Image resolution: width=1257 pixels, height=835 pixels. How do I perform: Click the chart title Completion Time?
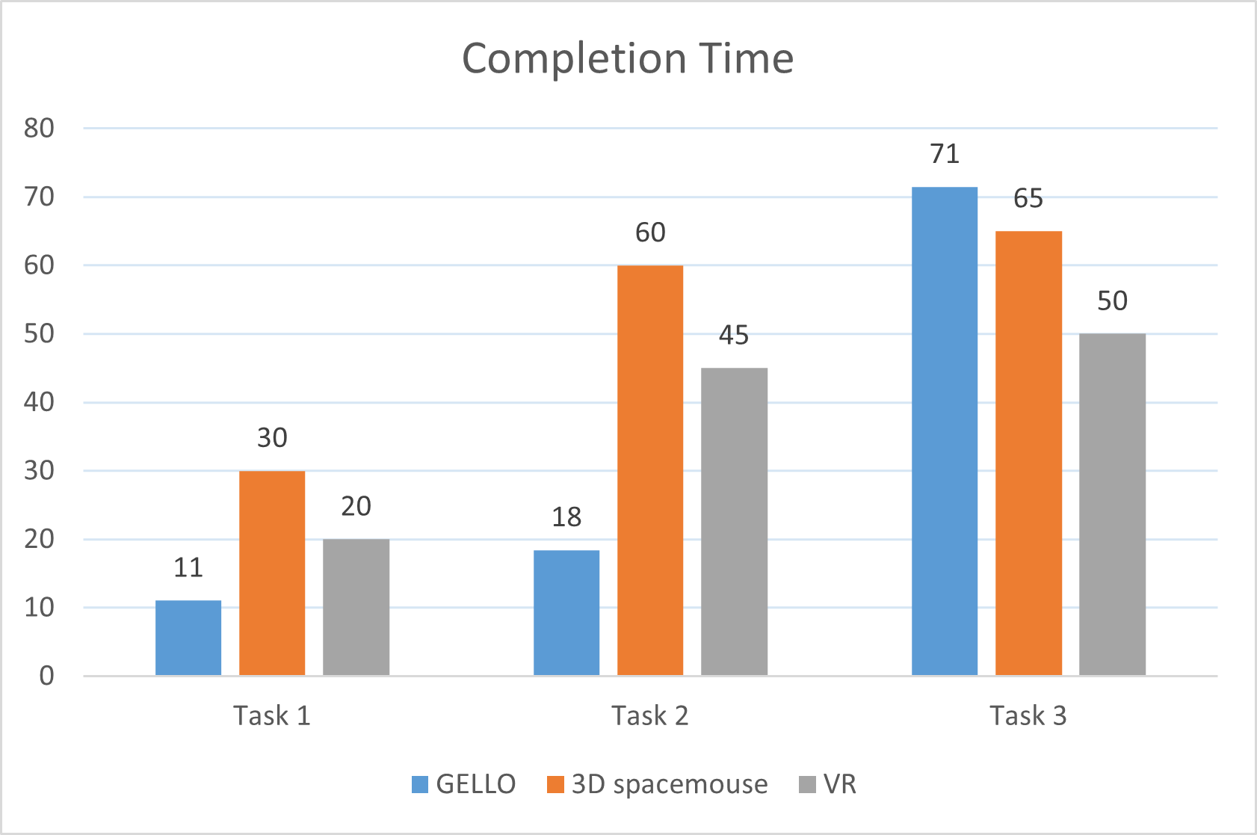coord(627,58)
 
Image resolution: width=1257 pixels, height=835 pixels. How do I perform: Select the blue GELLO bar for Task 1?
coord(188,638)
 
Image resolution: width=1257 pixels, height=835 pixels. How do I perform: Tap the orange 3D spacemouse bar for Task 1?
coord(272,573)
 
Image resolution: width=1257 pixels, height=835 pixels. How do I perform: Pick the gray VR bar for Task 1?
coord(356,607)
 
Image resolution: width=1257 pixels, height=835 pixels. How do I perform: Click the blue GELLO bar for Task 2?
coord(566,613)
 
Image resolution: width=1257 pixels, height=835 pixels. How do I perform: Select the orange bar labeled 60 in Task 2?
coord(650,470)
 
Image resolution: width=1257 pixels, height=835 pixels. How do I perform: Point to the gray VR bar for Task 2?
coord(734,521)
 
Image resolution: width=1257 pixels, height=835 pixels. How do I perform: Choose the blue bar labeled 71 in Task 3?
coord(945,431)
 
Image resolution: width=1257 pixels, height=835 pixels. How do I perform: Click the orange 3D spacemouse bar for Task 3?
coord(1028,453)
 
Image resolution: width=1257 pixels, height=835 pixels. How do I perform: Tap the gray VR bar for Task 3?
coord(1112,505)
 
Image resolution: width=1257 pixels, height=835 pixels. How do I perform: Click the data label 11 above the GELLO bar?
coord(188,568)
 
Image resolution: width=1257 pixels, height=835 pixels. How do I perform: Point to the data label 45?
coord(734,335)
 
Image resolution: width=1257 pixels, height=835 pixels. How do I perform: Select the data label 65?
coord(1028,198)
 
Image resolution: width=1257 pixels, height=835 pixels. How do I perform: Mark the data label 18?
coord(566,517)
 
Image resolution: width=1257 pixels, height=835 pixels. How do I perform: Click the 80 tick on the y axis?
coord(39,128)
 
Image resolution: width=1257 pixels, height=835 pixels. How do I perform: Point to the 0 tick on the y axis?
coord(46,676)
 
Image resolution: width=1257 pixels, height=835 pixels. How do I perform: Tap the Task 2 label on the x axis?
coord(650,715)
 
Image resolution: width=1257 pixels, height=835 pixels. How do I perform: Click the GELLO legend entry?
coord(463,784)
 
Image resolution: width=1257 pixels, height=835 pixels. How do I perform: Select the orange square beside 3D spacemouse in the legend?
coord(555,784)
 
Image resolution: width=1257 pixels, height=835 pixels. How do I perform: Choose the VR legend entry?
coord(828,784)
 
